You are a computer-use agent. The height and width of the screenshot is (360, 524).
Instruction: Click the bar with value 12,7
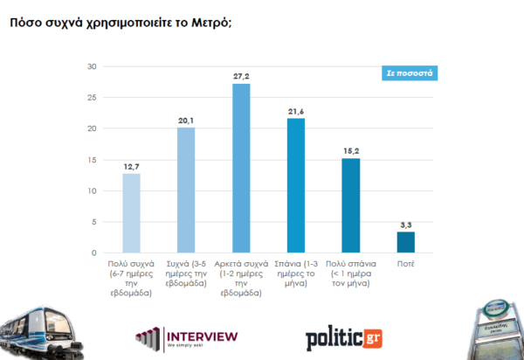coord(131,213)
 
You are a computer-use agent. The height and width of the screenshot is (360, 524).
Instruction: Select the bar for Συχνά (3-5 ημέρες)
coord(185,190)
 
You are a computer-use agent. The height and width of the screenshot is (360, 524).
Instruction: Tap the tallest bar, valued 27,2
coord(240,169)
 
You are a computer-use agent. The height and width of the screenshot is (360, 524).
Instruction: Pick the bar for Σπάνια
coord(295,185)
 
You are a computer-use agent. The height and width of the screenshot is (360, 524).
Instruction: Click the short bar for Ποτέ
coord(405,242)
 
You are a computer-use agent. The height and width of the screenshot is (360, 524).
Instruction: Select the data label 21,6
coord(295,111)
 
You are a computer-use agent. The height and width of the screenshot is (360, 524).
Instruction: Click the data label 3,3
coord(405,225)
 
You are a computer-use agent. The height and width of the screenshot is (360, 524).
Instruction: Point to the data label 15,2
coord(350,150)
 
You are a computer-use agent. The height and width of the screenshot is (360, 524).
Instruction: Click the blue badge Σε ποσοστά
coord(410,73)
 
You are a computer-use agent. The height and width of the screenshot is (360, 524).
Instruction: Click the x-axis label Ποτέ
coord(405,263)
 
